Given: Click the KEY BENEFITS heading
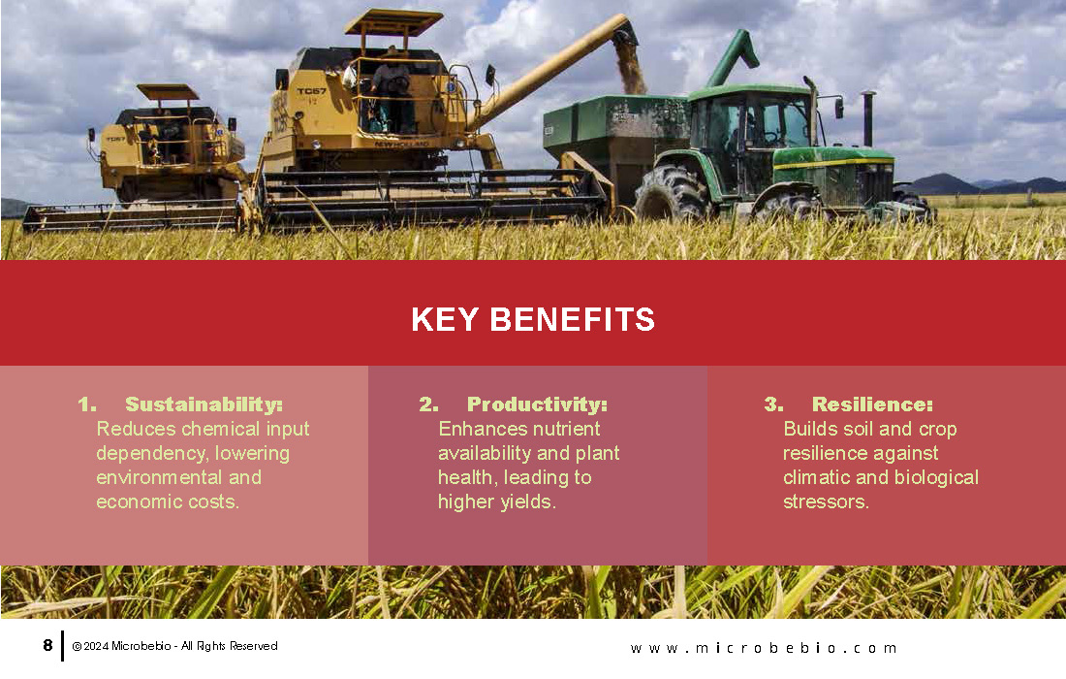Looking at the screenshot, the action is click(x=533, y=320).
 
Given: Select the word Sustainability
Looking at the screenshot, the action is click(x=204, y=404).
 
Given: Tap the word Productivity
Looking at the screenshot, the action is click(x=537, y=404).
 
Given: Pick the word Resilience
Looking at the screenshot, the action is click(x=872, y=404).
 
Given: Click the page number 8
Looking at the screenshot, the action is click(x=47, y=645).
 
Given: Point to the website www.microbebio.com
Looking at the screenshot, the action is click(x=764, y=648).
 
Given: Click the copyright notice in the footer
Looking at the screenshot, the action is click(x=174, y=646).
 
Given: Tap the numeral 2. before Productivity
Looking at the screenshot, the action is click(x=428, y=404).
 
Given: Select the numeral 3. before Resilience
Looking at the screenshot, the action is click(x=773, y=404).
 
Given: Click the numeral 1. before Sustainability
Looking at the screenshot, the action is click(x=87, y=404).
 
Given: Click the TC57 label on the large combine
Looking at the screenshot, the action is click(x=311, y=91).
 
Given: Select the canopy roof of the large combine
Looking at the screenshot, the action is click(x=392, y=21).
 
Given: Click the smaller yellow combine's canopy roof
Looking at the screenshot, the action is click(x=168, y=92).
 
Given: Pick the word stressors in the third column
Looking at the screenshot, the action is click(x=826, y=502).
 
